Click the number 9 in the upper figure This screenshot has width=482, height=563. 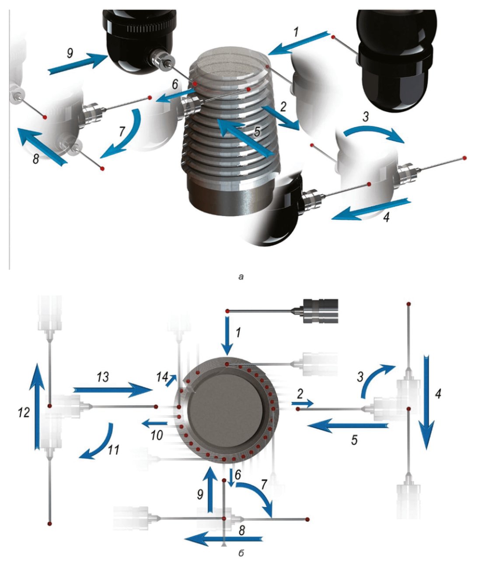pos(70,53)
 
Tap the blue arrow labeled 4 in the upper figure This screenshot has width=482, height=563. pos(371,209)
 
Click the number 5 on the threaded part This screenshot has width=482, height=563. pos(257,131)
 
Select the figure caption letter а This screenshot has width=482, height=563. pos(240,277)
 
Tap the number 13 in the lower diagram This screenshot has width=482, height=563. pos(102,377)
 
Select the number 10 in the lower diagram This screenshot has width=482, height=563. pos(157,435)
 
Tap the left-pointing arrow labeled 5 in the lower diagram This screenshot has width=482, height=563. pos(348,426)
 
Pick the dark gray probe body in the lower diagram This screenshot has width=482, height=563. pos(321,311)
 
